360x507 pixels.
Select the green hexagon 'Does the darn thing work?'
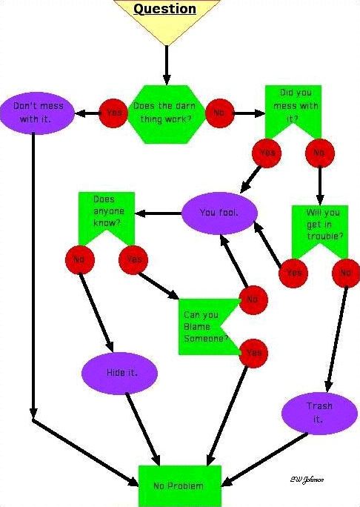coord(166,112)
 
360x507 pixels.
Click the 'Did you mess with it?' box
coord(293,109)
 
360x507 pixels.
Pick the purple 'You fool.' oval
coord(219,213)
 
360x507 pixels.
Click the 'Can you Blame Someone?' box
coord(205,328)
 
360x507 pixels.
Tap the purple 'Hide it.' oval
coord(120,372)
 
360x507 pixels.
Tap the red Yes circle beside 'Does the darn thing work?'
coord(114,113)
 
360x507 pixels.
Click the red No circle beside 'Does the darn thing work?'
coord(219,113)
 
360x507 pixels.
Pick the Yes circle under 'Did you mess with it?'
coord(267,153)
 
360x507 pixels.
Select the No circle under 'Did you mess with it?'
coord(319,153)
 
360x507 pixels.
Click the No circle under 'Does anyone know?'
coord(79,260)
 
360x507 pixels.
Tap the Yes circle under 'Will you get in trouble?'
coord(294,273)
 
